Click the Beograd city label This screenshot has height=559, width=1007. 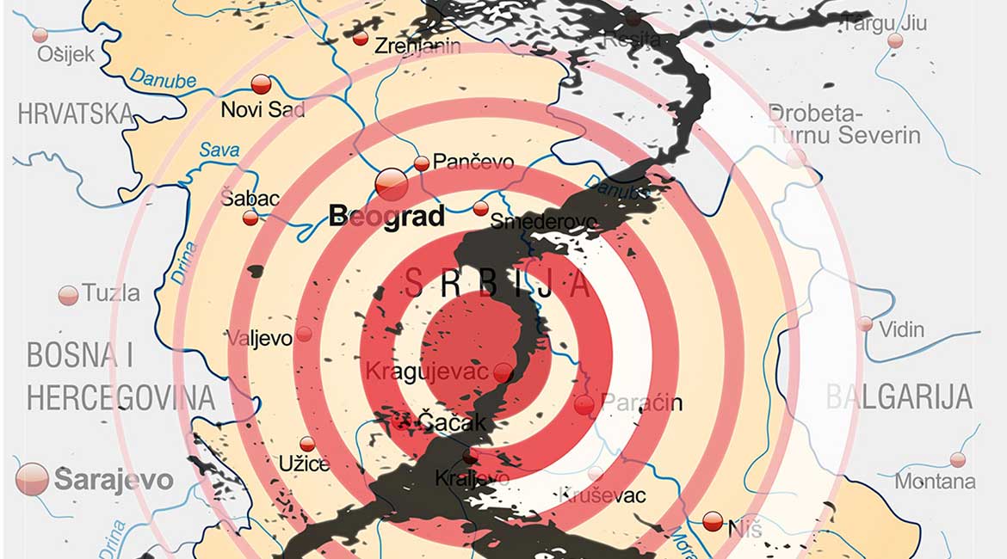click(x=386, y=215)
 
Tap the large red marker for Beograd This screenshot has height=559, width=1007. click(x=392, y=182)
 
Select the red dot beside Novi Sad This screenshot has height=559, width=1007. click(x=262, y=84)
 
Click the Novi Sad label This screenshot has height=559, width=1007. click(x=263, y=109)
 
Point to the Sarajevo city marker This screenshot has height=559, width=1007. click(x=32, y=478)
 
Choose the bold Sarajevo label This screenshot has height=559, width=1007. click(x=114, y=480)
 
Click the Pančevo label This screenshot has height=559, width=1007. click(x=473, y=162)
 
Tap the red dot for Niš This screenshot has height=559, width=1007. click(x=713, y=521)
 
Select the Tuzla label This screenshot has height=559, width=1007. click(x=111, y=293)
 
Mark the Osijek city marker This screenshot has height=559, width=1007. click(x=40, y=35)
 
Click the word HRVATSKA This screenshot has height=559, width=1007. click(x=76, y=114)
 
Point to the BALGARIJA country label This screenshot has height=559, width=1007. click(x=899, y=396)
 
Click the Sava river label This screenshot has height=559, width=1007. click(x=219, y=150)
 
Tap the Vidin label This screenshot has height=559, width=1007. click(x=901, y=329)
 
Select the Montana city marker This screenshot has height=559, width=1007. click(x=957, y=460)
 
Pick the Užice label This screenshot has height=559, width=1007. click(x=304, y=464)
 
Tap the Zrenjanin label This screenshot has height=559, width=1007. click(x=417, y=46)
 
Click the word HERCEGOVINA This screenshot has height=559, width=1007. click(x=120, y=397)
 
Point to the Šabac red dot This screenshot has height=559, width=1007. click(x=250, y=218)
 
